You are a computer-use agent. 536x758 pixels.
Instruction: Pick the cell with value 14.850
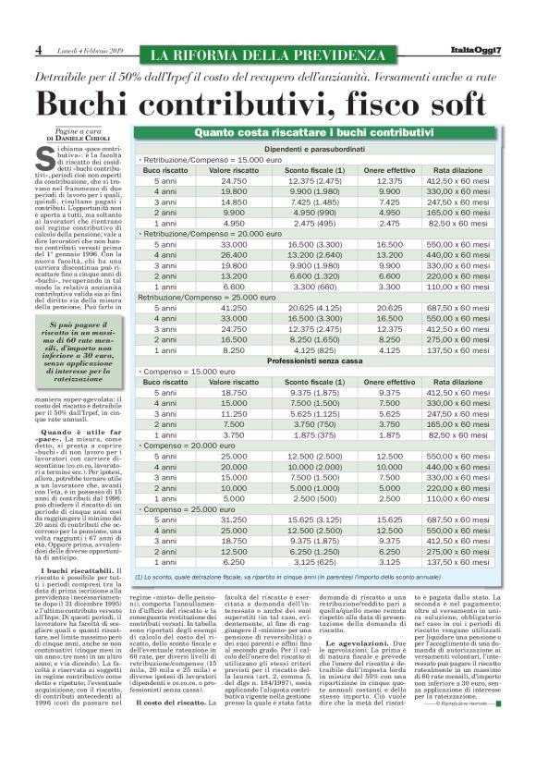pyautogui.click(x=234, y=202)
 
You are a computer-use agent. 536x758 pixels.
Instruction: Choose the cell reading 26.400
pyautogui.click(x=234, y=253)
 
